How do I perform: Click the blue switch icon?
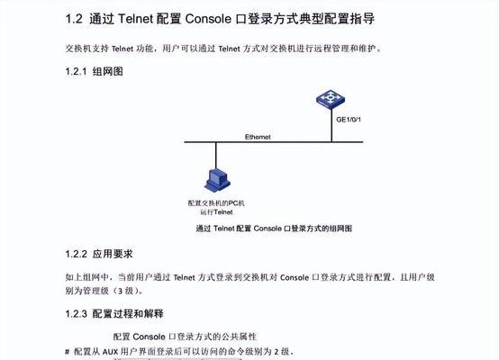(x=331, y=100)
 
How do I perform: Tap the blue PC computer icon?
(x=217, y=180)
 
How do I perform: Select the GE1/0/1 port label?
(x=349, y=120)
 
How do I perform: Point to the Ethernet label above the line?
(x=258, y=137)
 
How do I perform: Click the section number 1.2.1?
(x=76, y=72)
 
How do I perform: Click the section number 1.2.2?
(x=76, y=254)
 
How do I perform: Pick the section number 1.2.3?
(x=76, y=314)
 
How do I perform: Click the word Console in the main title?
(x=208, y=19)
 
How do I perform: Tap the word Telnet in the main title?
(x=136, y=19)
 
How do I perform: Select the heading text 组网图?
(x=107, y=72)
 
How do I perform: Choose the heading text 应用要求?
(x=113, y=254)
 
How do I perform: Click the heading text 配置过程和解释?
(x=128, y=314)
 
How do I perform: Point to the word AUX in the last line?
(x=110, y=352)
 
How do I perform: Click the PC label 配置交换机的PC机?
(x=216, y=203)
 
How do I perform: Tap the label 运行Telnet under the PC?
(x=216, y=212)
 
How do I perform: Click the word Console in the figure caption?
(x=268, y=229)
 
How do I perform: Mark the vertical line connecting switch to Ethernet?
(x=331, y=126)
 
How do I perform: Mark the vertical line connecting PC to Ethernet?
(x=216, y=156)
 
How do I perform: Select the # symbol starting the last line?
(x=68, y=352)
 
